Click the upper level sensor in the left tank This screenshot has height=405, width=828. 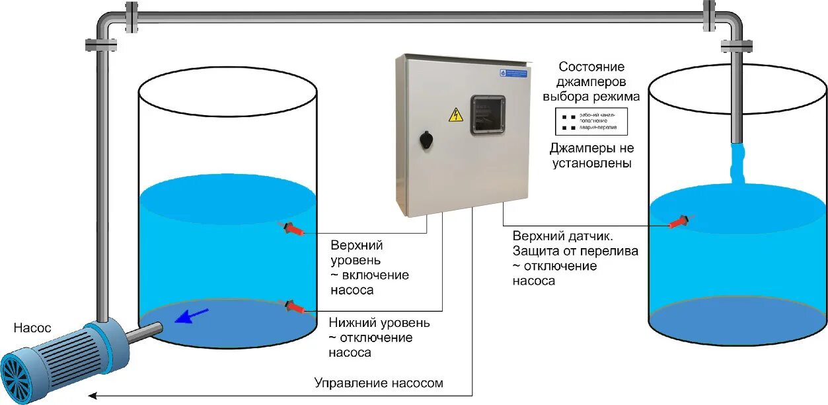tap(294, 230)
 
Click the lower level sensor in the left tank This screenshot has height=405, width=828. tap(295, 307)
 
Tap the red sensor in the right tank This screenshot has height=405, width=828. tap(680, 222)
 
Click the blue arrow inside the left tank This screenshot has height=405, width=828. tap(192, 316)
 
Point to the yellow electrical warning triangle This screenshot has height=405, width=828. tap(455, 115)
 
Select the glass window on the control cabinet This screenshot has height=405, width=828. tap(488, 115)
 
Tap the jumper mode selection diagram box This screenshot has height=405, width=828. tap(590, 120)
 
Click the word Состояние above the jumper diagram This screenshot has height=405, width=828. tap(591, 67)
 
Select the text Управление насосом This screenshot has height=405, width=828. tap(379, 383)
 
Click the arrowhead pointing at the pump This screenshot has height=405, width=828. tap(93, 396)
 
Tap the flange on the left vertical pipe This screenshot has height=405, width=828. tap(101, 45)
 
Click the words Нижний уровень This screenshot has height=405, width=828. tap(379, 323)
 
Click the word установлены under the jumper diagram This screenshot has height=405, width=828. tap(592, 163)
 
